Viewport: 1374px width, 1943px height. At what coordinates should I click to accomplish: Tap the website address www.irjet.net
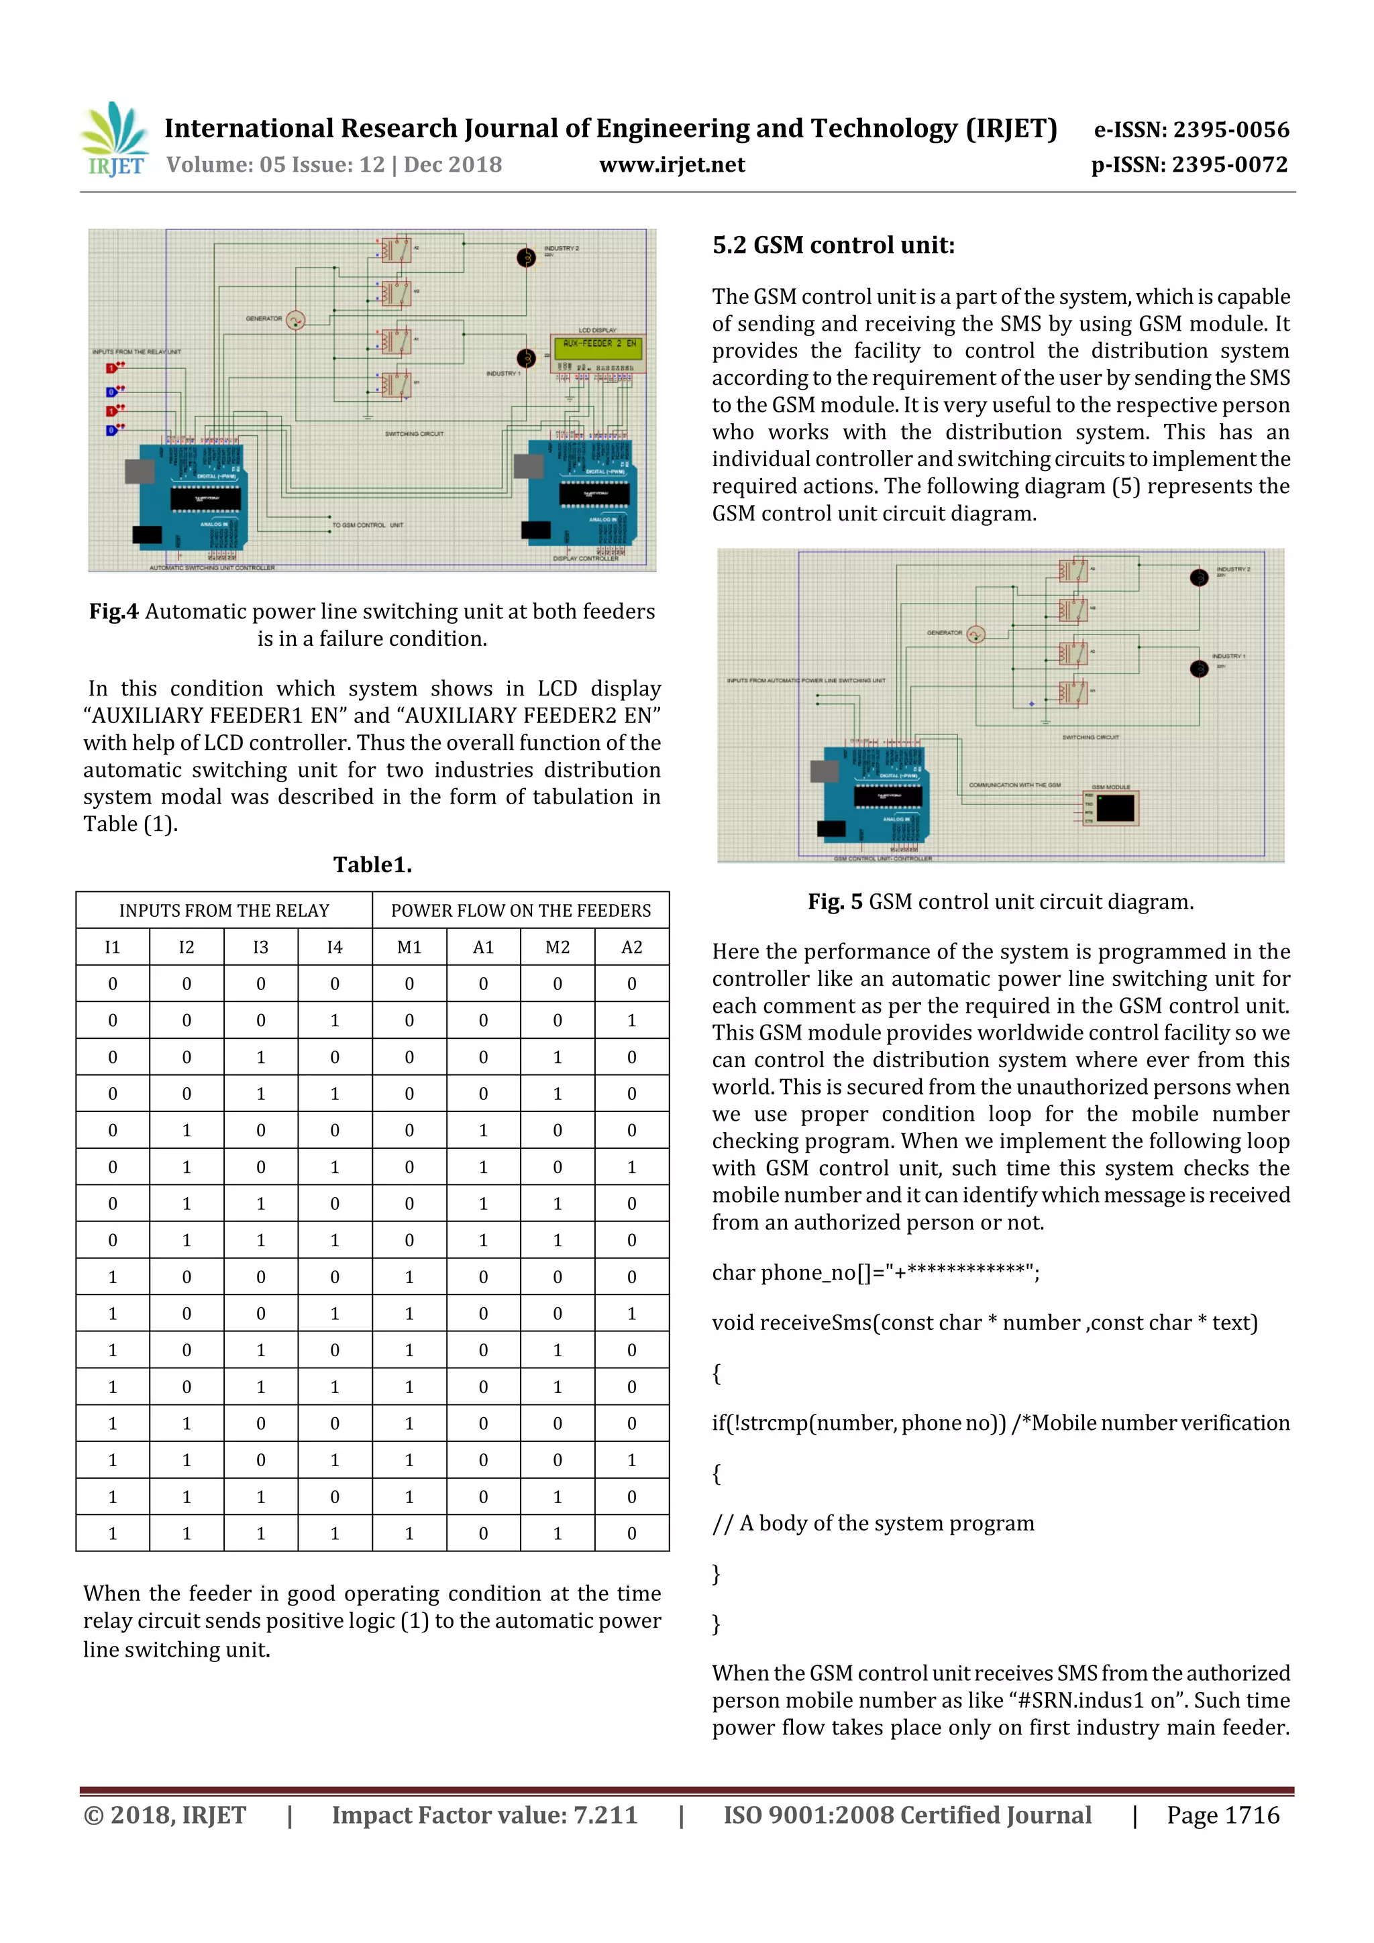(672, 165)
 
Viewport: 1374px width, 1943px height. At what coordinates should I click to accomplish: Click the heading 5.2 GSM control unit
(833, 245)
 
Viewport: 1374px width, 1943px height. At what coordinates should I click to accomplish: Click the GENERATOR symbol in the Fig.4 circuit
(295, 320)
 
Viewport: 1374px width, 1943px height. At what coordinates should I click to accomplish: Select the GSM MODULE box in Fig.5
(1114, 808)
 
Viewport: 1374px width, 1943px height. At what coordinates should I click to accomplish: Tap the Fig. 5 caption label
(835, 902)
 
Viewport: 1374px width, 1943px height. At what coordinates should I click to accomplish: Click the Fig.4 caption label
(114, 612)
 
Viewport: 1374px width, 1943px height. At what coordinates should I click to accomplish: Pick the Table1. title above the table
(372, 865)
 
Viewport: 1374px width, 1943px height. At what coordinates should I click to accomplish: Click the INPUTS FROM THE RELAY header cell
(224, 911)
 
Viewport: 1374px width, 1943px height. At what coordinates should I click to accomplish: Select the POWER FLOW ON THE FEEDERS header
(521, 911)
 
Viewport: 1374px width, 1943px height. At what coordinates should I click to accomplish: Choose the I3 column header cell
(261, 948)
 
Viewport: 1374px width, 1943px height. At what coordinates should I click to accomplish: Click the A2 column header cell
(631, 948)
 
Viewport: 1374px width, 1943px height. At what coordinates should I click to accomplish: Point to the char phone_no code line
(876, 1273)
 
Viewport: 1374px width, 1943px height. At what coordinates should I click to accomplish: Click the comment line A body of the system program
(873, 1523)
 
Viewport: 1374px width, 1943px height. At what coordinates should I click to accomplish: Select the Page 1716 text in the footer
(1222, 1815)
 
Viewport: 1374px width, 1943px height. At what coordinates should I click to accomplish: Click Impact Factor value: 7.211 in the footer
(484, 1815)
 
